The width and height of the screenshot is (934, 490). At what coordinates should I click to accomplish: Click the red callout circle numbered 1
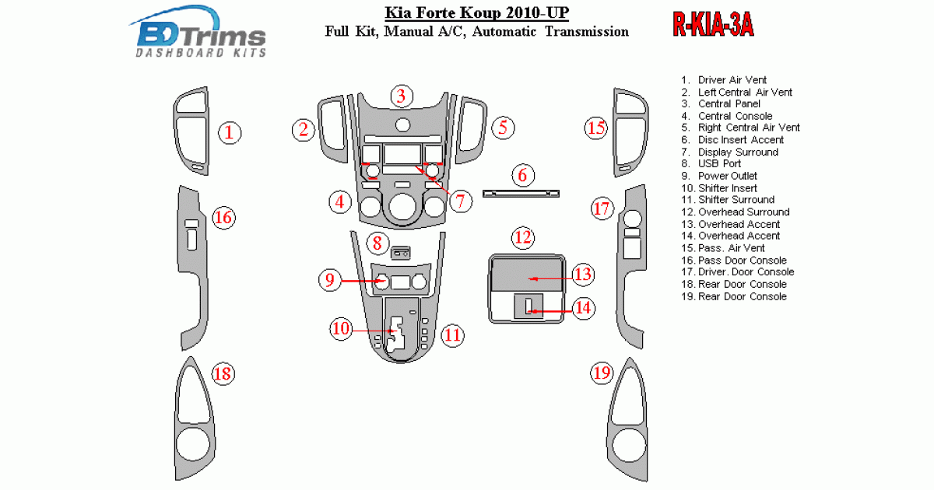point(229,132)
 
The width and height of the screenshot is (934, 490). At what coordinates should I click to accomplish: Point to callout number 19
point(601,374)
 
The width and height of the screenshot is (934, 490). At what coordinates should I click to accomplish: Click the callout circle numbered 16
point(223,217)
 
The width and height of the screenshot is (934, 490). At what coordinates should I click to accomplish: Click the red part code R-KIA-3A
point(713,26)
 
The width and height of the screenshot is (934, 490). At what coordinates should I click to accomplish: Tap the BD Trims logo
point(202,35)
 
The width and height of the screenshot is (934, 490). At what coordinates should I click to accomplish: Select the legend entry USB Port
point(719,164)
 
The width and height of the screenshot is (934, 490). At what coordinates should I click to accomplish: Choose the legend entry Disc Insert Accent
point(740,140)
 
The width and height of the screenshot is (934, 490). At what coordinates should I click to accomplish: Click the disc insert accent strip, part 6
point(522,193)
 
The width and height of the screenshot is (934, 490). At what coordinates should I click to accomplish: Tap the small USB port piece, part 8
point(402,251)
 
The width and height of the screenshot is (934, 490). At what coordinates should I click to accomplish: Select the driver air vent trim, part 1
point(192,131)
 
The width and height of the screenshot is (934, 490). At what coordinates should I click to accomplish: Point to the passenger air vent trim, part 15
point(629,131)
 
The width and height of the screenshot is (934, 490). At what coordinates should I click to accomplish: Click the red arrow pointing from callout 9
point(362,281)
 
